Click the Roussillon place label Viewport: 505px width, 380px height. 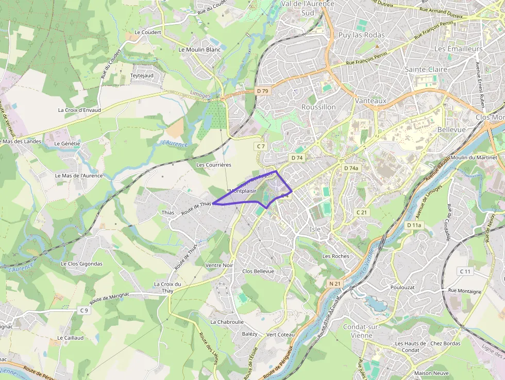(318, 107)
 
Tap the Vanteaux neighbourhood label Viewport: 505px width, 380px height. (370, 101)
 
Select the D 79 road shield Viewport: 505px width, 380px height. (263, 91)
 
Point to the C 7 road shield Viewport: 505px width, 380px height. (261, 146)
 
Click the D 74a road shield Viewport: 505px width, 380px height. (351, 168)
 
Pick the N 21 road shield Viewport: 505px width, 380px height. (335, 284)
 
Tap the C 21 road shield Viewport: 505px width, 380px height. (362, 212)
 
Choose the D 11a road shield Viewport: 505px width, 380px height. (414, 225)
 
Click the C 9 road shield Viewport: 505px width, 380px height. (84, 310)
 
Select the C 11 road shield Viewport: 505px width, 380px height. (465, 271)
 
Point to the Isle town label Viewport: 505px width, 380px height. (315, 229)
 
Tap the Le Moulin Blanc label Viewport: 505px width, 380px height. (199, 49)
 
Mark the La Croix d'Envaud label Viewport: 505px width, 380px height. (79, 110)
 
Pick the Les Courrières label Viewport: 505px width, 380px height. (214, 164)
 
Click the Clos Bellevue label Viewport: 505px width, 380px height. (258, 271)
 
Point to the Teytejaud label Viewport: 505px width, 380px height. (142, 75)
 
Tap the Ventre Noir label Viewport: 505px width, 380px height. (219, 265)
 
